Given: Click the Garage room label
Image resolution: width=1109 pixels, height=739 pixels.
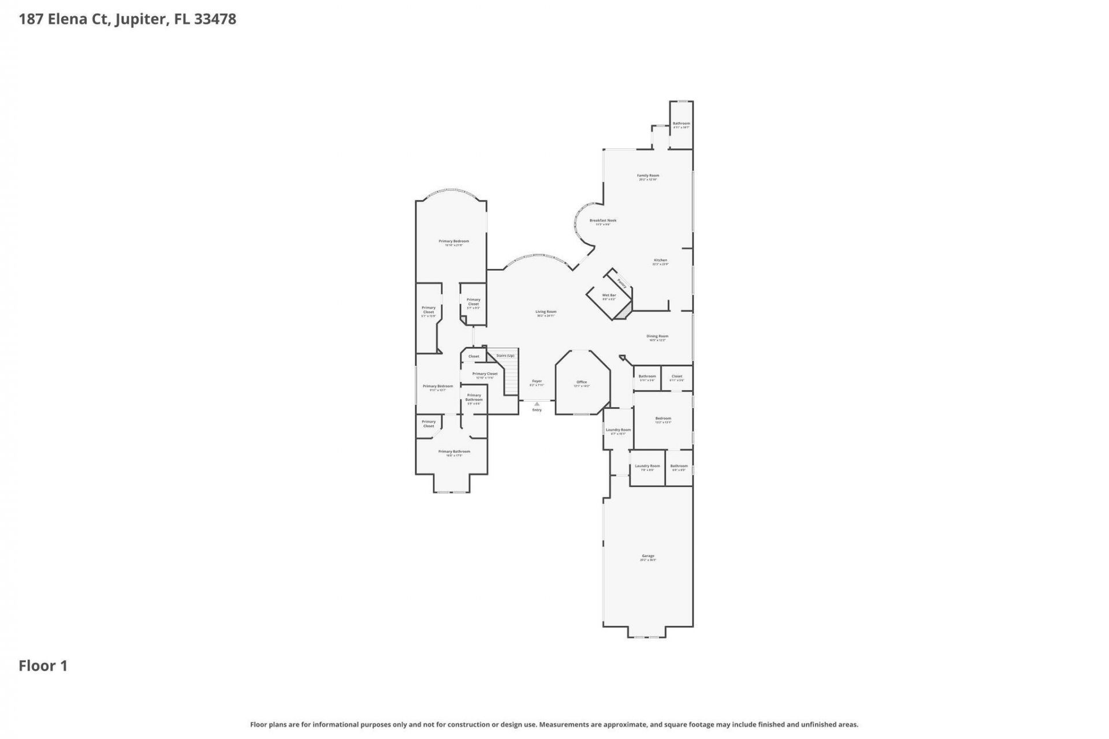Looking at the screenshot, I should (647, 556).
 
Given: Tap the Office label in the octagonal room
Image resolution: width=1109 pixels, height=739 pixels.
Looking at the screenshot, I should (582, 382).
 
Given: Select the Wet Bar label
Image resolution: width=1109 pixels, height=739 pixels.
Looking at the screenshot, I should (609, 295).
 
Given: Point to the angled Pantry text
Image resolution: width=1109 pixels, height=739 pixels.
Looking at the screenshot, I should (622, 283).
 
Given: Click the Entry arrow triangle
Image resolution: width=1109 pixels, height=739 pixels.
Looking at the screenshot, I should (537, 404).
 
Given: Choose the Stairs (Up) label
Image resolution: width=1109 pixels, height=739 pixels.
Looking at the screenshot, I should (505, 356).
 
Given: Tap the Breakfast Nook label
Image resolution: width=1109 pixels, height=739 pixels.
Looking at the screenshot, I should (602, 221).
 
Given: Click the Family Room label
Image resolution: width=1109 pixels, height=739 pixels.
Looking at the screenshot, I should (647, 176).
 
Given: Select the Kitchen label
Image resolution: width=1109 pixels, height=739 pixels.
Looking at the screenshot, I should (660, 260).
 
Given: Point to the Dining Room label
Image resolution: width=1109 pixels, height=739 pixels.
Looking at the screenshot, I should (657, 336).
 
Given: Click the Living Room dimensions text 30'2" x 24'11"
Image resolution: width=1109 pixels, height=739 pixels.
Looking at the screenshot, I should (545, 316).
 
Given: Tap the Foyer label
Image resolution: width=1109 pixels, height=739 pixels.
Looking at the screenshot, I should (537, 381).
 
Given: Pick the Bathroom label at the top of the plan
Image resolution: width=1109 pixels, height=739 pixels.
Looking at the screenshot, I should (681, 124).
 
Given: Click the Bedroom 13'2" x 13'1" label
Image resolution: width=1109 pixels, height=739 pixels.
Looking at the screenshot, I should (663, 419).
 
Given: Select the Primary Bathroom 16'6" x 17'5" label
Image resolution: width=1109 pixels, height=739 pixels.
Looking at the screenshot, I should (454, 451).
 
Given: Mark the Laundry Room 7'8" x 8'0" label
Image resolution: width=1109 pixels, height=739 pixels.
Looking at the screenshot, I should (647, 466).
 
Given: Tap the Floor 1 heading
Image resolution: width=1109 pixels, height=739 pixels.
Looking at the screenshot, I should (43, 666).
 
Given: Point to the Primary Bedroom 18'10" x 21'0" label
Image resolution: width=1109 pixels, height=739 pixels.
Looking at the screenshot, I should (453, 241).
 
